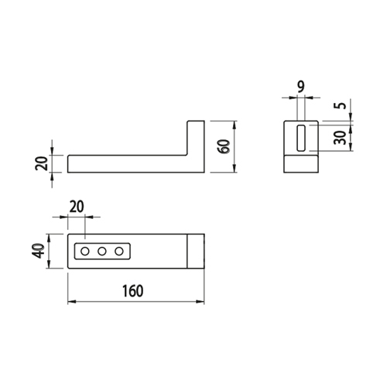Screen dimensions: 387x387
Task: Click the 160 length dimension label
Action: (x=132, y=291)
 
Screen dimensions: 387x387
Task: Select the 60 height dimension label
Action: (x=224, y=146)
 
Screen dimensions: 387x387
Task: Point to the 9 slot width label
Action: (x=301, y=87)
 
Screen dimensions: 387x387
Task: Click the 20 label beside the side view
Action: (x=42, y=163)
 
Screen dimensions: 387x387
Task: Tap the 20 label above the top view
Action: (x=77, y=207)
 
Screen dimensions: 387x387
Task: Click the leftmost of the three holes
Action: (x=84, y=251)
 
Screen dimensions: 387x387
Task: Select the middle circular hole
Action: (x=102, y=251)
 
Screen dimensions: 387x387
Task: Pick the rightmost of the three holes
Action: (x=119, y=251)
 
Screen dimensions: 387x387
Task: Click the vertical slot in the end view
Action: (x=301, y=138)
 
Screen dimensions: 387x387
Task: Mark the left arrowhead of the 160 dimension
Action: (x=71, y=302)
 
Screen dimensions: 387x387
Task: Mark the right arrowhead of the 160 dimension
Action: (x=200, y=302)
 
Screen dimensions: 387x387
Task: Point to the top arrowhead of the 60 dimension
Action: (x=235, y=125)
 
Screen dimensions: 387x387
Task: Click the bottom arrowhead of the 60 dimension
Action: (x=235, y=169)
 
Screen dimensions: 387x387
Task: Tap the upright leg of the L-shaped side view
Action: (x=196, y=146)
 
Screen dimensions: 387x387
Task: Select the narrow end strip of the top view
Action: (x=196, y=251)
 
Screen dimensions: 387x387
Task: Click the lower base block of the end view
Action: (x=301, y=164)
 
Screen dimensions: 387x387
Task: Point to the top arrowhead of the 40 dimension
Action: (x=49, y=238)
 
